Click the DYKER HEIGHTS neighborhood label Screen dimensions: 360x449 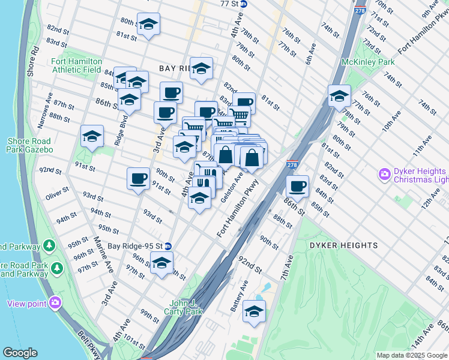tap(344, 245)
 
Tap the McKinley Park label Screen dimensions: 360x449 tap(367, 62)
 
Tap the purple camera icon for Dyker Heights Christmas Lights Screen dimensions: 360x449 tap(384, 175)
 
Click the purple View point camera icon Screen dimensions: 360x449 tap(56, 303)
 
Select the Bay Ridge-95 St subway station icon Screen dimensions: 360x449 tap(169, 246)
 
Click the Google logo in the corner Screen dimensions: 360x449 tap(20, 353)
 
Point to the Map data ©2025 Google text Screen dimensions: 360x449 tap(412, 355)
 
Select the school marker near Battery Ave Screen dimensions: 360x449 tap(254, 311)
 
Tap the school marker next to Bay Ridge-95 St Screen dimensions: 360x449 tap(161, 263)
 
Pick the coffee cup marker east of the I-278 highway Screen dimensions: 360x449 tap(297, 186)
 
